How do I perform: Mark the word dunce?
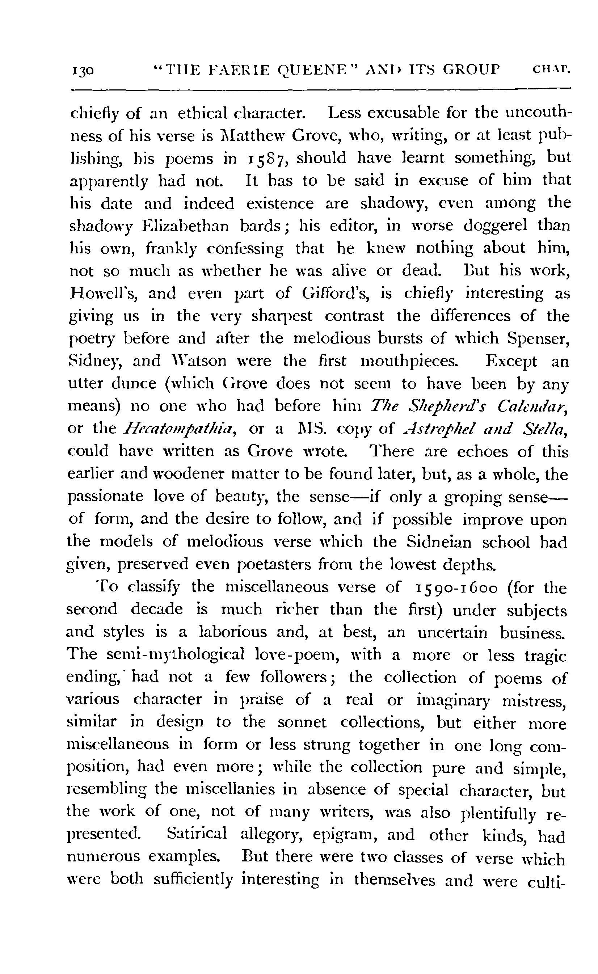coord(134,384)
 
